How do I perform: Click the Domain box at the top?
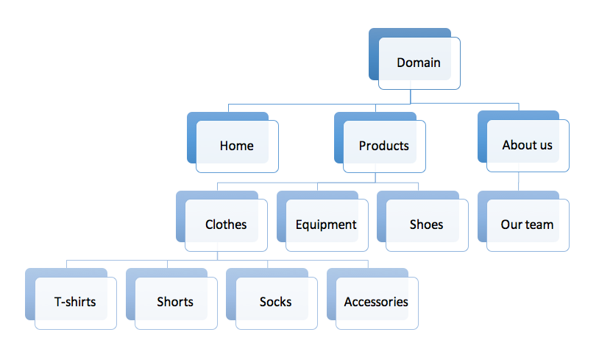pyautogui.click(x=414, y=59)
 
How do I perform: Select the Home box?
pyautogui.click(x=233, y=142)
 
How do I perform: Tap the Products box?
pyautogui.click(x=380, y=142)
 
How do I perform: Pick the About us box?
pyautogui.click(x=523, y=141)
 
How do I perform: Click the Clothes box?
pyautogui.click(x=221, y=221)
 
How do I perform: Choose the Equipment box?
pyautogui.click(x=322, y=221)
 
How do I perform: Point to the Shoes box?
pyautogui.click(x=422, y=221)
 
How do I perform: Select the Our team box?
pyautogui.click(x=523, y=221)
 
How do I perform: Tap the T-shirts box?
pyautogui.click(x=71, y=299)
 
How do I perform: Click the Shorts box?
pyautogui.click(x=171, y=299)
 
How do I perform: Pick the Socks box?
pyautogui.click(x=272, y=299)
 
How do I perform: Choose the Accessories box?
pyautogui.click(x=372, y=299)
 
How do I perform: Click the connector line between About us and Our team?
pyautogui.click(x=518, y=181)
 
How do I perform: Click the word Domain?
pyautogui.click(x=418, y=63)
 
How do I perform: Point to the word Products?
pyautogui.click(x=383, y=146)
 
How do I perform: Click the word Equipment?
pyautogui.click(x=326, y=225)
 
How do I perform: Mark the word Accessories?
pyautogui.click(x=376, y=302)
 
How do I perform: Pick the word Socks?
pyautogui.click(x=275, y=302)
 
